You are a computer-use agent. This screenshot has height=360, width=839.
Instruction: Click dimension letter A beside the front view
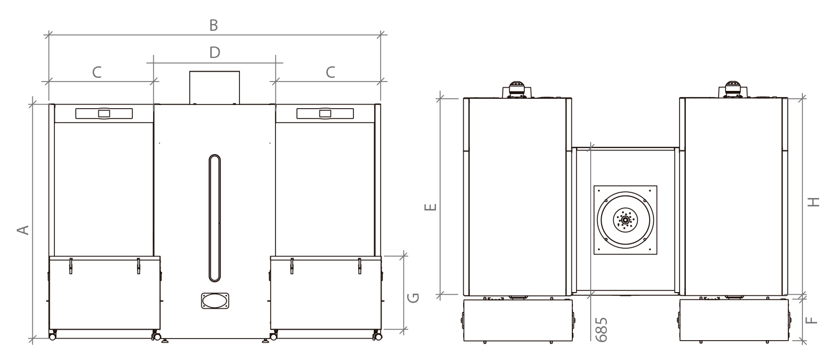[x=23, y=230]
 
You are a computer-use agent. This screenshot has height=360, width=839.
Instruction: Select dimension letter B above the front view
[x=213, y=26]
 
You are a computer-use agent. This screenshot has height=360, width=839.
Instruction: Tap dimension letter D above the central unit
[x=215, y=52]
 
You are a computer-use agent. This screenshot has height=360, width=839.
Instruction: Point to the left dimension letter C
[x=97, y=72]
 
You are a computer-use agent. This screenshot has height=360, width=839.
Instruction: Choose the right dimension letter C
[x=330, y=72]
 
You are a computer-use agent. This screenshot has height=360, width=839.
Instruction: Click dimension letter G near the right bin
[x=413, y=298]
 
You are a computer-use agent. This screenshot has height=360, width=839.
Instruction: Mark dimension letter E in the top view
[x=430, y=207]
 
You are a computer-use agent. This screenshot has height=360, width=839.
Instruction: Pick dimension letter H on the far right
[x=813, y=202]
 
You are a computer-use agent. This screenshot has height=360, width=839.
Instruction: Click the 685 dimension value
[x=601, y=330]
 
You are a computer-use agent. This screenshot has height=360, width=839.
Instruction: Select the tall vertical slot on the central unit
[x=215, y=218]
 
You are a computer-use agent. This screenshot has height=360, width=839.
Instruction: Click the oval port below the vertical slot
[x=215, y=301]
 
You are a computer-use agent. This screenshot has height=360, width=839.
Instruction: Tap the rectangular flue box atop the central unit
[x=215, y=88]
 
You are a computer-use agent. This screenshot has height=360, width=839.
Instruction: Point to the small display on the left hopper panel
[x=104, y=113]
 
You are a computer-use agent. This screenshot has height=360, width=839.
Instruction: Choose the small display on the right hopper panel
[x=325, y=113]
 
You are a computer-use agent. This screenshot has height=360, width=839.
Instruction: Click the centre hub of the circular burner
[x=625, y=220]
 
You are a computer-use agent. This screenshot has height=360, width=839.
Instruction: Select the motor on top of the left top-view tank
[x=517, y=89]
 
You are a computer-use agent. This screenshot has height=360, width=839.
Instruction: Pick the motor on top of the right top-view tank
[x=733, y=89]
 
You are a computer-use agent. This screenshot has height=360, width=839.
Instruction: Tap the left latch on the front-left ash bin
[x=71, y=266]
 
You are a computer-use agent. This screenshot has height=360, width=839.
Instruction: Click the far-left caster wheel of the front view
[x=52, y=337]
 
